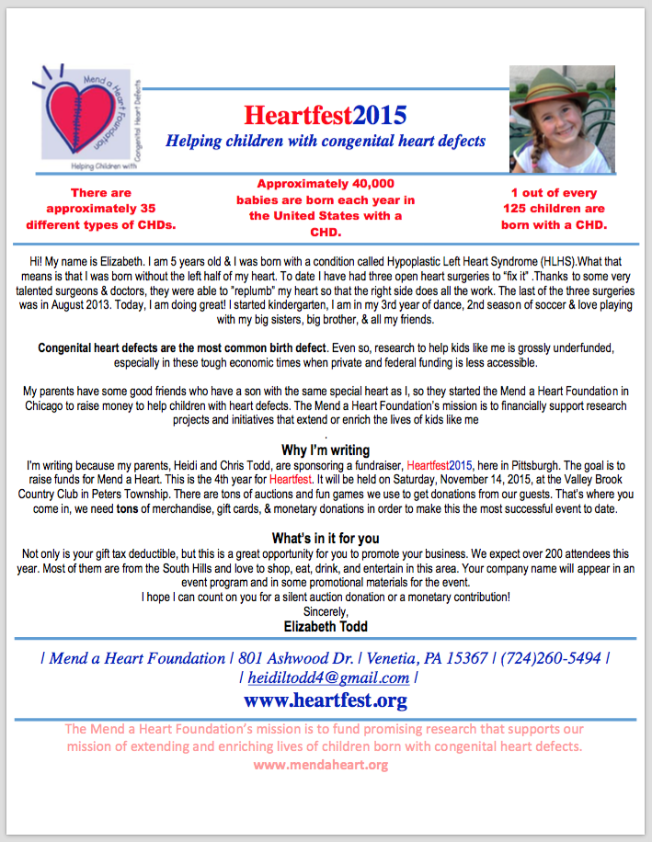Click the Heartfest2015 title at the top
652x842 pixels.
tap(326, 116)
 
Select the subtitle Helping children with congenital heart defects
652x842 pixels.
tap(326, 142)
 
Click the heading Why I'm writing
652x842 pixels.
tap(326, 450)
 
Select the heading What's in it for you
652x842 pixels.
tap(326, 538)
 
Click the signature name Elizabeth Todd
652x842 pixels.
tap(326, 627)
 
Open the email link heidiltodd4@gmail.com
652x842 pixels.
tap(328, 678)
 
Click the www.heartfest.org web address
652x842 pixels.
tap(326, 701)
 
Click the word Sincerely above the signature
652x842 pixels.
tap(326, 611)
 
